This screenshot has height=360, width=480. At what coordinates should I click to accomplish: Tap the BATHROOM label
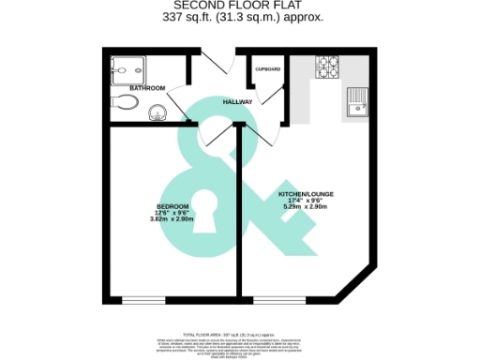click(x=148, y=88)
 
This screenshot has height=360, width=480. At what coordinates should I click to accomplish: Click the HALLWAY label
click(x=236, y=101)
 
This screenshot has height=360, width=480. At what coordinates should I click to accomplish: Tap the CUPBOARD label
click(x=268, y=69)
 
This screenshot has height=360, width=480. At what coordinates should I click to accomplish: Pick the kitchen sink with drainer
click(x=358, y=103)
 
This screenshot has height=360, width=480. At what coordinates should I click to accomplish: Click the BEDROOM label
click(x=172, y=206)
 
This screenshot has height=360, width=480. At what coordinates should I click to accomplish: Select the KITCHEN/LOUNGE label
click(x=306, y=194)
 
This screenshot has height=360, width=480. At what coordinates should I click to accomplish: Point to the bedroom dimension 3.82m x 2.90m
click(x=172, y=219)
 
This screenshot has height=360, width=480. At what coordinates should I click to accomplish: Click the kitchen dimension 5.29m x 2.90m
click(x=306, y=207)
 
